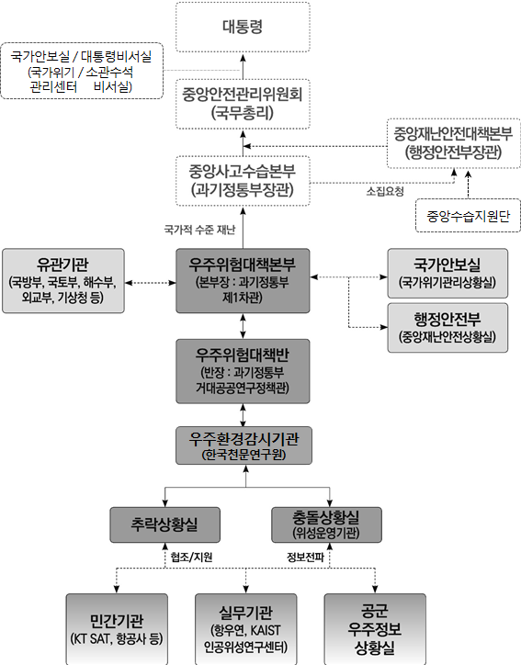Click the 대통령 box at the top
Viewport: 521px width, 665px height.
point(243,28)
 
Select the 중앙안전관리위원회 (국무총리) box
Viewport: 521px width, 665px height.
point(243,104)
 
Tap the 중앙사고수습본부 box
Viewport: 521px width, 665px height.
point(243,181)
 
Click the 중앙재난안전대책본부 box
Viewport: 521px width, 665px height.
point(454,143)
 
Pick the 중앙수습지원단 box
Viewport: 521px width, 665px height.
point(468,216)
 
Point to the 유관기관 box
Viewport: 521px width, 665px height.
point(63,281)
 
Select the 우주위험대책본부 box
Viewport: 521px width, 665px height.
point(243,281)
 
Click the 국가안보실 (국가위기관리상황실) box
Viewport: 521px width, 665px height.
point(447,273)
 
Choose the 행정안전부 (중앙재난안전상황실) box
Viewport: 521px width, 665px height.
point(447,327)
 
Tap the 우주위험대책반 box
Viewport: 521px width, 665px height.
point(243,371)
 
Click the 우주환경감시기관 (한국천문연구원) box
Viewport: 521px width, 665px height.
point(244,445)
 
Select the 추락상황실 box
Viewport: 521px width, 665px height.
point(165,524)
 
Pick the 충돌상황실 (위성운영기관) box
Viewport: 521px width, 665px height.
point(326,524)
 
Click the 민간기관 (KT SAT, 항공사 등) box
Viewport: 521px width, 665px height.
point(117,629)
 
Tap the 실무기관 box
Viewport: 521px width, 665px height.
point(245,629)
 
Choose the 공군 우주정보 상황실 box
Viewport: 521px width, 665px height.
point(375,629)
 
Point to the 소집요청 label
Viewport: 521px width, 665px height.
point(385,191)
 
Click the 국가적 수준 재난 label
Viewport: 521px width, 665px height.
point(199,230)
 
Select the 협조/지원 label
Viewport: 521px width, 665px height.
point(191,557)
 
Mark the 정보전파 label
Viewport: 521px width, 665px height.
point(305,557)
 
